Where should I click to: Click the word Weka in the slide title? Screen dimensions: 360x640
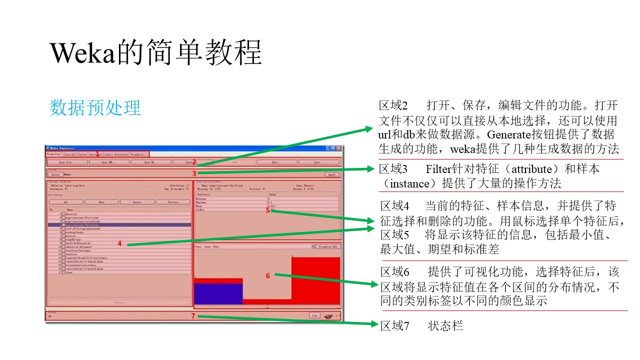(83, 52)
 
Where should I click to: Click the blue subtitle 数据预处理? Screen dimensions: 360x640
(95, 107)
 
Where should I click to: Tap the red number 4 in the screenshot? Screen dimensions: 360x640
(120, 243)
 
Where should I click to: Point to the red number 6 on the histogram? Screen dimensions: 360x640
(268, 275)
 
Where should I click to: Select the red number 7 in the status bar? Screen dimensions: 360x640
(192, 316)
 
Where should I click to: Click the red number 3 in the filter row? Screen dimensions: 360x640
(194, 173)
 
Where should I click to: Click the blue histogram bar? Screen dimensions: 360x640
(218, 293)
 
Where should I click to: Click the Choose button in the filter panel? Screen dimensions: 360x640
(54, 174)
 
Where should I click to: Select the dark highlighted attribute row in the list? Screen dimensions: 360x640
(120, 225)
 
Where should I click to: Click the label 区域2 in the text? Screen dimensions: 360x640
(393, 106)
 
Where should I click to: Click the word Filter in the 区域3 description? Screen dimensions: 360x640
(438, 169)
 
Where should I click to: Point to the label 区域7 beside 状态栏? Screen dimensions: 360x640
(395, 326)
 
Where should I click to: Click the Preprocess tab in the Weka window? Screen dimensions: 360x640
(53, 154)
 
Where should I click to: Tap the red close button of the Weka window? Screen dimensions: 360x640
(339, 148)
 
